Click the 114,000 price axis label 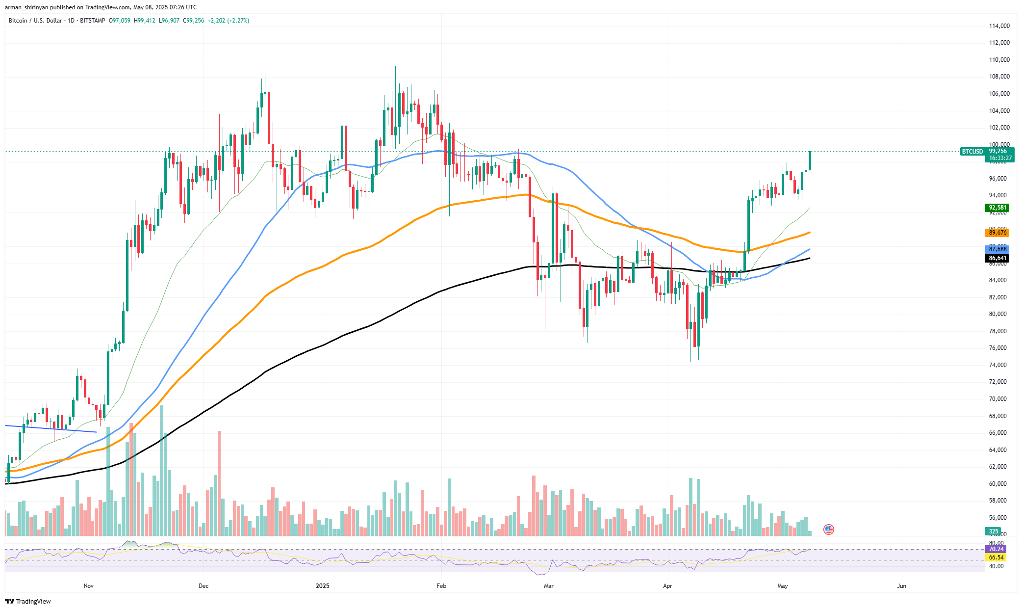coord(999,26)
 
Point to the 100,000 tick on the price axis coord(999,145)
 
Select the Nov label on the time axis coord(88,586)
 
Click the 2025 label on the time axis coord(322,586)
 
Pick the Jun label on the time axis coord(901,586)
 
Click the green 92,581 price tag coord(997,208)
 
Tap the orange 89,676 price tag coord(997,233)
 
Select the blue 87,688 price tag coord(997,249)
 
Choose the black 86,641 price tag coord(997,258)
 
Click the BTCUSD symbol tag coord(972,152)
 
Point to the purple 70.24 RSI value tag coord(996,549)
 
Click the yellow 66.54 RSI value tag coord(996,557)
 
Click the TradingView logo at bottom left coord(28,602)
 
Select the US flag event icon coord(828,530)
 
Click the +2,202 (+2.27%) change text coord(228,21)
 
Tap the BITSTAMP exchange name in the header coord(92,21)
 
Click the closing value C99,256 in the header coord(193,21)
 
